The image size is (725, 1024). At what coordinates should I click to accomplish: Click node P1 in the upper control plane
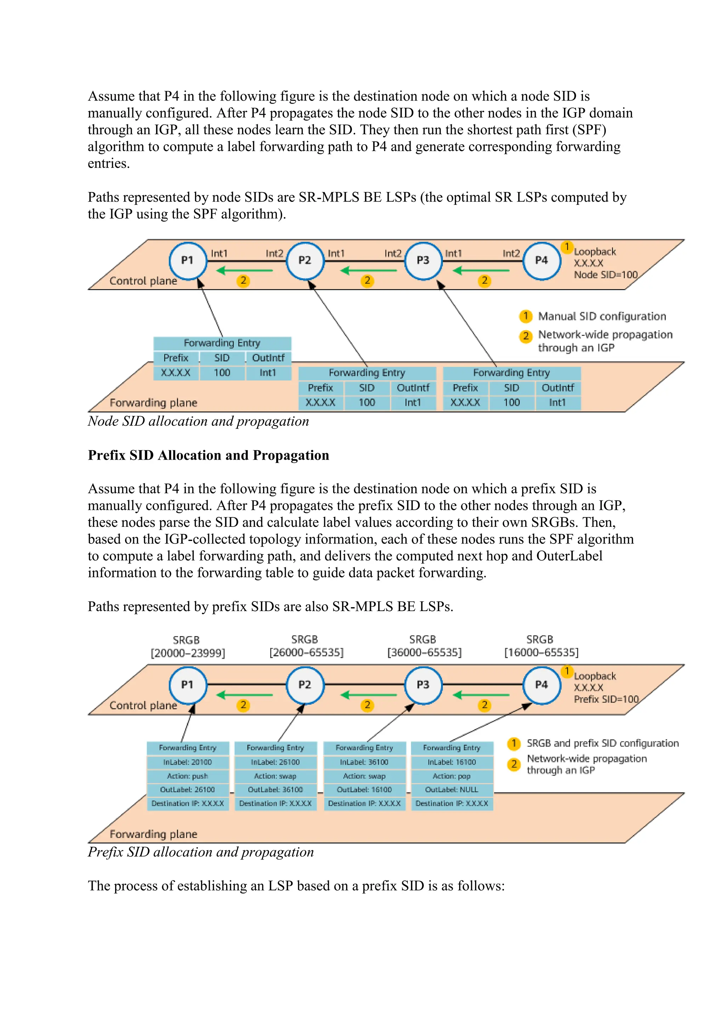[188, 261]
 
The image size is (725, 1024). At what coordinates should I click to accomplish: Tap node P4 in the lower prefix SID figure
[542, 685]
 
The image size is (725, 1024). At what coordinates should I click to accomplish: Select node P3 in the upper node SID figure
[423, 261]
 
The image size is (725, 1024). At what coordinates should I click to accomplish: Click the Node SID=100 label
[605, 275]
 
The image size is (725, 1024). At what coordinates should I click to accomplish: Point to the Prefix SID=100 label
[606, 699]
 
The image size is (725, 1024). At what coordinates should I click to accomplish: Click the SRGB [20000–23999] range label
[188, 653]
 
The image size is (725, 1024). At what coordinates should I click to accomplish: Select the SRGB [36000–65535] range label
[424, 652]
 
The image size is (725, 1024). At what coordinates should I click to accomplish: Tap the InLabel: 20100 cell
[188, 762]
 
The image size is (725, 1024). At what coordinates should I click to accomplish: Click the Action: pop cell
[451, 776]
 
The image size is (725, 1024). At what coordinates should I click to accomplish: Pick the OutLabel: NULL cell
[451, 790]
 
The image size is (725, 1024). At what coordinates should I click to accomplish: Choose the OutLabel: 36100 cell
[275, 790]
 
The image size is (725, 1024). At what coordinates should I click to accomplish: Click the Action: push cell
[188, 776]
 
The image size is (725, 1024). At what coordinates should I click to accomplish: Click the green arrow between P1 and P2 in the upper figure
[244, 270]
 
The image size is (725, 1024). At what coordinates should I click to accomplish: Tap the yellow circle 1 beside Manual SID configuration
[525, 316]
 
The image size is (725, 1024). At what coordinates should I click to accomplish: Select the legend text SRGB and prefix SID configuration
[602, 743]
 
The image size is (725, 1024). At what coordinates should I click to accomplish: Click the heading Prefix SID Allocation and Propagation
[208, 455]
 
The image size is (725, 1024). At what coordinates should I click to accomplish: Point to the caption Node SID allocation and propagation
[198, 421]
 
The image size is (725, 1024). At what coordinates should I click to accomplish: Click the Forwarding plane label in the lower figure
[153, 834]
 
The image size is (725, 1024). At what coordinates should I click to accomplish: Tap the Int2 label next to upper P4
[511, 253]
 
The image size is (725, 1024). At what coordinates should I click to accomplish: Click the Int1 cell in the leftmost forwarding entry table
[268, 373]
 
